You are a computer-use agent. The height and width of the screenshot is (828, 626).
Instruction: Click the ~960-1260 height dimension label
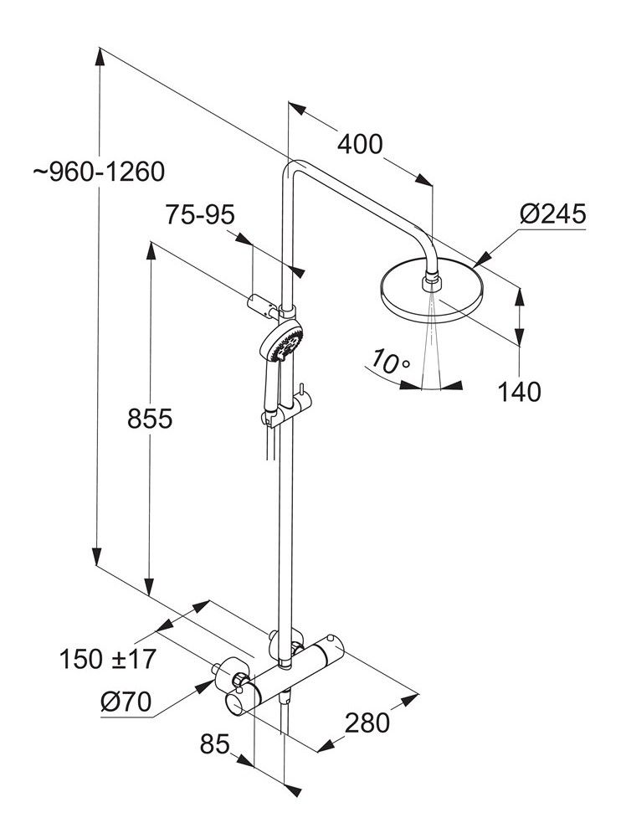pos(100,172)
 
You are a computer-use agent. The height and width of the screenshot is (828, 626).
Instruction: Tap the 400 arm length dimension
pos(360,144)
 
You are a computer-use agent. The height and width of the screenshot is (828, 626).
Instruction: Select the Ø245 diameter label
pos(552,213)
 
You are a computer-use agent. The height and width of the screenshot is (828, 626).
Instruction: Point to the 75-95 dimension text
pos(201,215)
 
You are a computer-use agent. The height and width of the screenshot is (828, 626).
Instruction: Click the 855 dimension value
pos(150,418)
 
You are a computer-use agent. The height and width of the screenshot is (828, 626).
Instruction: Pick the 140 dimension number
pos(518,391)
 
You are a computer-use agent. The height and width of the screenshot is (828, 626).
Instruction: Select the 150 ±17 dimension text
pos(108,659)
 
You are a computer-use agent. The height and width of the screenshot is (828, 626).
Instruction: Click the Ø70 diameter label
pos(125,703)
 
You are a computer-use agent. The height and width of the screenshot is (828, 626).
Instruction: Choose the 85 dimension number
pos(215,743)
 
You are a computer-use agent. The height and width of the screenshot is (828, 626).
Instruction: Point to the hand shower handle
pos(270,389)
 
